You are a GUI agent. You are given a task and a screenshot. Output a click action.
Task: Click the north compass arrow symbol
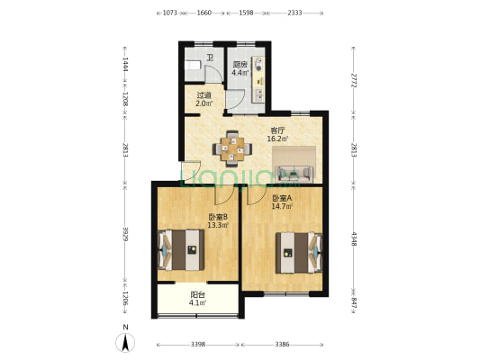pyautogui.click(x=125, y=342)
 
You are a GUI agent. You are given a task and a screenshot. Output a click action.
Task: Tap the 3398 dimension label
pyautogui.click(x=198, y=345)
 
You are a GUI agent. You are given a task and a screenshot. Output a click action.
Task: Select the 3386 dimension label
pyautogui.click(x=282, y=345)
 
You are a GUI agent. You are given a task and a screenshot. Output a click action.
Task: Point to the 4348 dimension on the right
pyautogui.click(x=354, y=239)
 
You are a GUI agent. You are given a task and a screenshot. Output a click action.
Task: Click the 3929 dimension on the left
pyautogui.click(x=125, y=234)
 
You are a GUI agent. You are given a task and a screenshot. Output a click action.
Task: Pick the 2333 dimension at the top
pyautogui.click(x=294, y=13)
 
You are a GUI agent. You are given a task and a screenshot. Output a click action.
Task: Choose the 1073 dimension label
pyautogui.click(x=169, y=13)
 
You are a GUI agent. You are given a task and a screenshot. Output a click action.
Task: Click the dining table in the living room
pyautogui.click(x=232, y=149)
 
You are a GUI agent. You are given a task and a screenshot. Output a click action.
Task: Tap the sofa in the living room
pyautogui.click(x=294, y=175)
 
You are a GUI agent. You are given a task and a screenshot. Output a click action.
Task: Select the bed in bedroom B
pyautogui.click(x=181, y=250)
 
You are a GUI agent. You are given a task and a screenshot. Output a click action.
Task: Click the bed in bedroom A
pyautogui.click(x=299, y=253)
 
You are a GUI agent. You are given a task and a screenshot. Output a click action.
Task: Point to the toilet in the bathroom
pyautogui.click(x=193, y=65)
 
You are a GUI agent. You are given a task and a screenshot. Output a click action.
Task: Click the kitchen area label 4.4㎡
pyautogui.click(x=240, y=73)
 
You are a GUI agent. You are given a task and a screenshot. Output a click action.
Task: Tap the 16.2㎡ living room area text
pyautogui.click(x=277, y=139)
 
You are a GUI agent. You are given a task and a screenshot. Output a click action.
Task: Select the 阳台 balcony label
pyautogui.click(x=198, y=295)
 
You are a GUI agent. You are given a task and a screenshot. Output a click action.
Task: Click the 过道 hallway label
pyautogui.click(x=204, y=94)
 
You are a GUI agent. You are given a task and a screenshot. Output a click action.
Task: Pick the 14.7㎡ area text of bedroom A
pyautogui.click(x=282, y=206)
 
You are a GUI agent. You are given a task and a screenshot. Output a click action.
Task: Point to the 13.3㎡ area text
pyautogui.click(x=218, y=225)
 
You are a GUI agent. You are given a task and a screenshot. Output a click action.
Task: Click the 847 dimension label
pyautogui.click(x=354, y=302)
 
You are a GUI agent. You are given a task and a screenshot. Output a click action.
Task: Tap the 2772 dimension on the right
pyautogui.click(x=354, y=80)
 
